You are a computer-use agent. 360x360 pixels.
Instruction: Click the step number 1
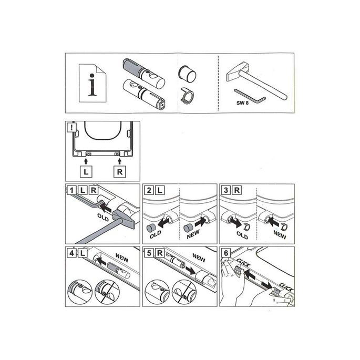(70, 189)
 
